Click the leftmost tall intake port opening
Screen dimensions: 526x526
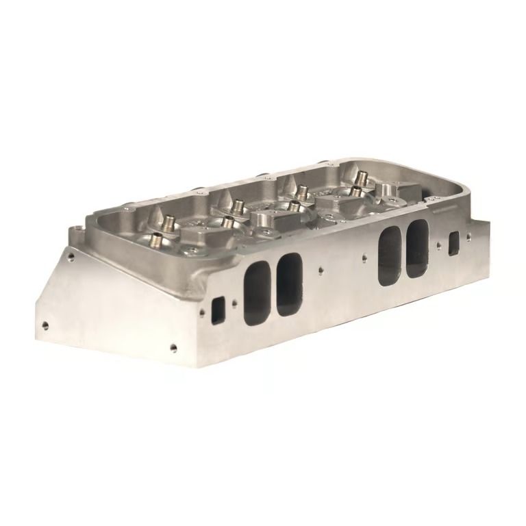click(256, 285)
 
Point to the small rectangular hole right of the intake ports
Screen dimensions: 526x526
click(453, 241)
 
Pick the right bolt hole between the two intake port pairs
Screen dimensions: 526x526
click(363, 259)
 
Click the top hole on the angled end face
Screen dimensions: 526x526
click(71, 258)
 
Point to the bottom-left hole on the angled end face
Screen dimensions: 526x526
click(45, 325)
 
